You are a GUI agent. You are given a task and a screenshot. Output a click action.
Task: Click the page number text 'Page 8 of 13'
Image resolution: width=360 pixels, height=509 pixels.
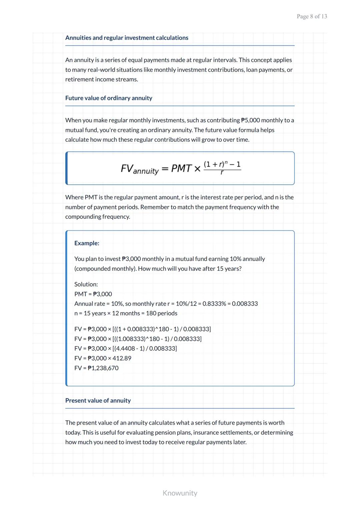pos(312,16)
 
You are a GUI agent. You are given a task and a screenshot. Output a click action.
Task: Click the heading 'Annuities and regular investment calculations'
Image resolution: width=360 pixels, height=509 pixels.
pos(127,38)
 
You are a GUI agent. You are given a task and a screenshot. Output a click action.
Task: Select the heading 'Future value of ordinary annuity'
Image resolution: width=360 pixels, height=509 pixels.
pos(109,98)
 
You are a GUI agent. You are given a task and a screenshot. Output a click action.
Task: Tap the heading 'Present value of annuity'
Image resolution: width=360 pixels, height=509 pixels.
pos(98,400)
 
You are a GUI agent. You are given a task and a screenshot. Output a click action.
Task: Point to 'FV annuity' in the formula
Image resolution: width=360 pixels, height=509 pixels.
pos(139,169)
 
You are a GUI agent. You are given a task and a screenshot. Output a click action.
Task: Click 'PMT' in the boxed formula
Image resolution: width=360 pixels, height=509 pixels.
pos(181,168)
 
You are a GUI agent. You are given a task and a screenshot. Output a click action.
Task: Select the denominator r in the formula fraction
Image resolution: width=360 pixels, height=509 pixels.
pos(222,173)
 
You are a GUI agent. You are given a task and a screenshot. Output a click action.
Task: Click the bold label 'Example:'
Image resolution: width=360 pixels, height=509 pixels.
pos(87,243)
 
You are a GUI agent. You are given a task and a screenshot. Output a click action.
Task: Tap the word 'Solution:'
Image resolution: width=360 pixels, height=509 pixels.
pos(86,284)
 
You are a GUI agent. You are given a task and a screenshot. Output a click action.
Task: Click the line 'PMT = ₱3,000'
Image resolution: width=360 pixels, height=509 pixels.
pos(93,294)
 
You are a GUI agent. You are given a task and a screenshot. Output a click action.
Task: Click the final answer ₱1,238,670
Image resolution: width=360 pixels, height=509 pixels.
pos(103,368)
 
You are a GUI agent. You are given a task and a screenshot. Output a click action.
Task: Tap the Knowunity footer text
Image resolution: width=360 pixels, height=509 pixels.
pos(180,493)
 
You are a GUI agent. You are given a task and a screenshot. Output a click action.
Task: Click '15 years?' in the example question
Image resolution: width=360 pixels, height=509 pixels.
pos(229,269)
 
